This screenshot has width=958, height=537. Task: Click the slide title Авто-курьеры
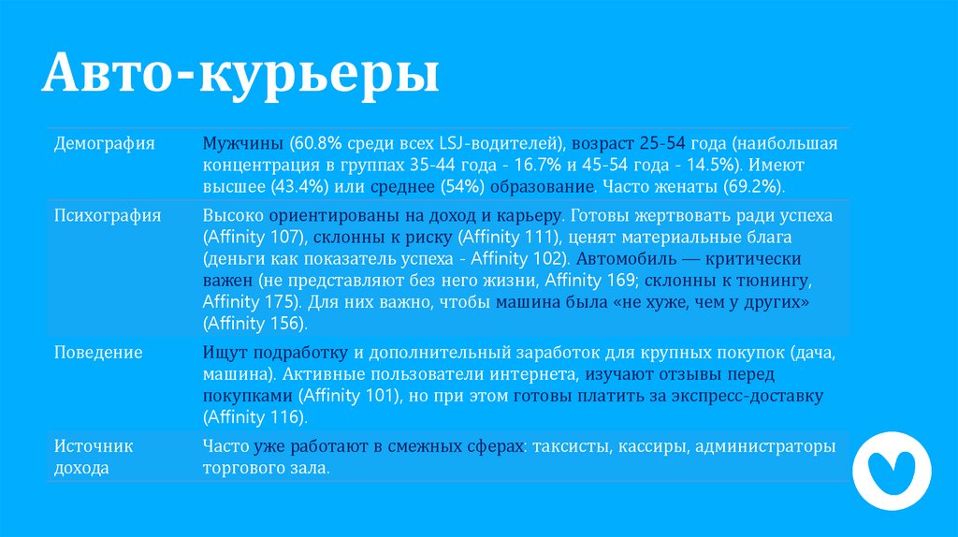click(240, 76)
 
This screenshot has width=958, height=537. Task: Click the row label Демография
click(104, 144)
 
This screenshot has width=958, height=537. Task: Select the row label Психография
click(108, 215)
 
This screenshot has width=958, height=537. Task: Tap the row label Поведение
click(98, 353)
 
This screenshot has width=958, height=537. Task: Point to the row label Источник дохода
click(94, 457)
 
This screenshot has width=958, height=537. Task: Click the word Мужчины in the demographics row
click(241, 144)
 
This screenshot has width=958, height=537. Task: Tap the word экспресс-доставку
click(753, 396)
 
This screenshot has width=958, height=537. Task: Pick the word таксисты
click(571, 447)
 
